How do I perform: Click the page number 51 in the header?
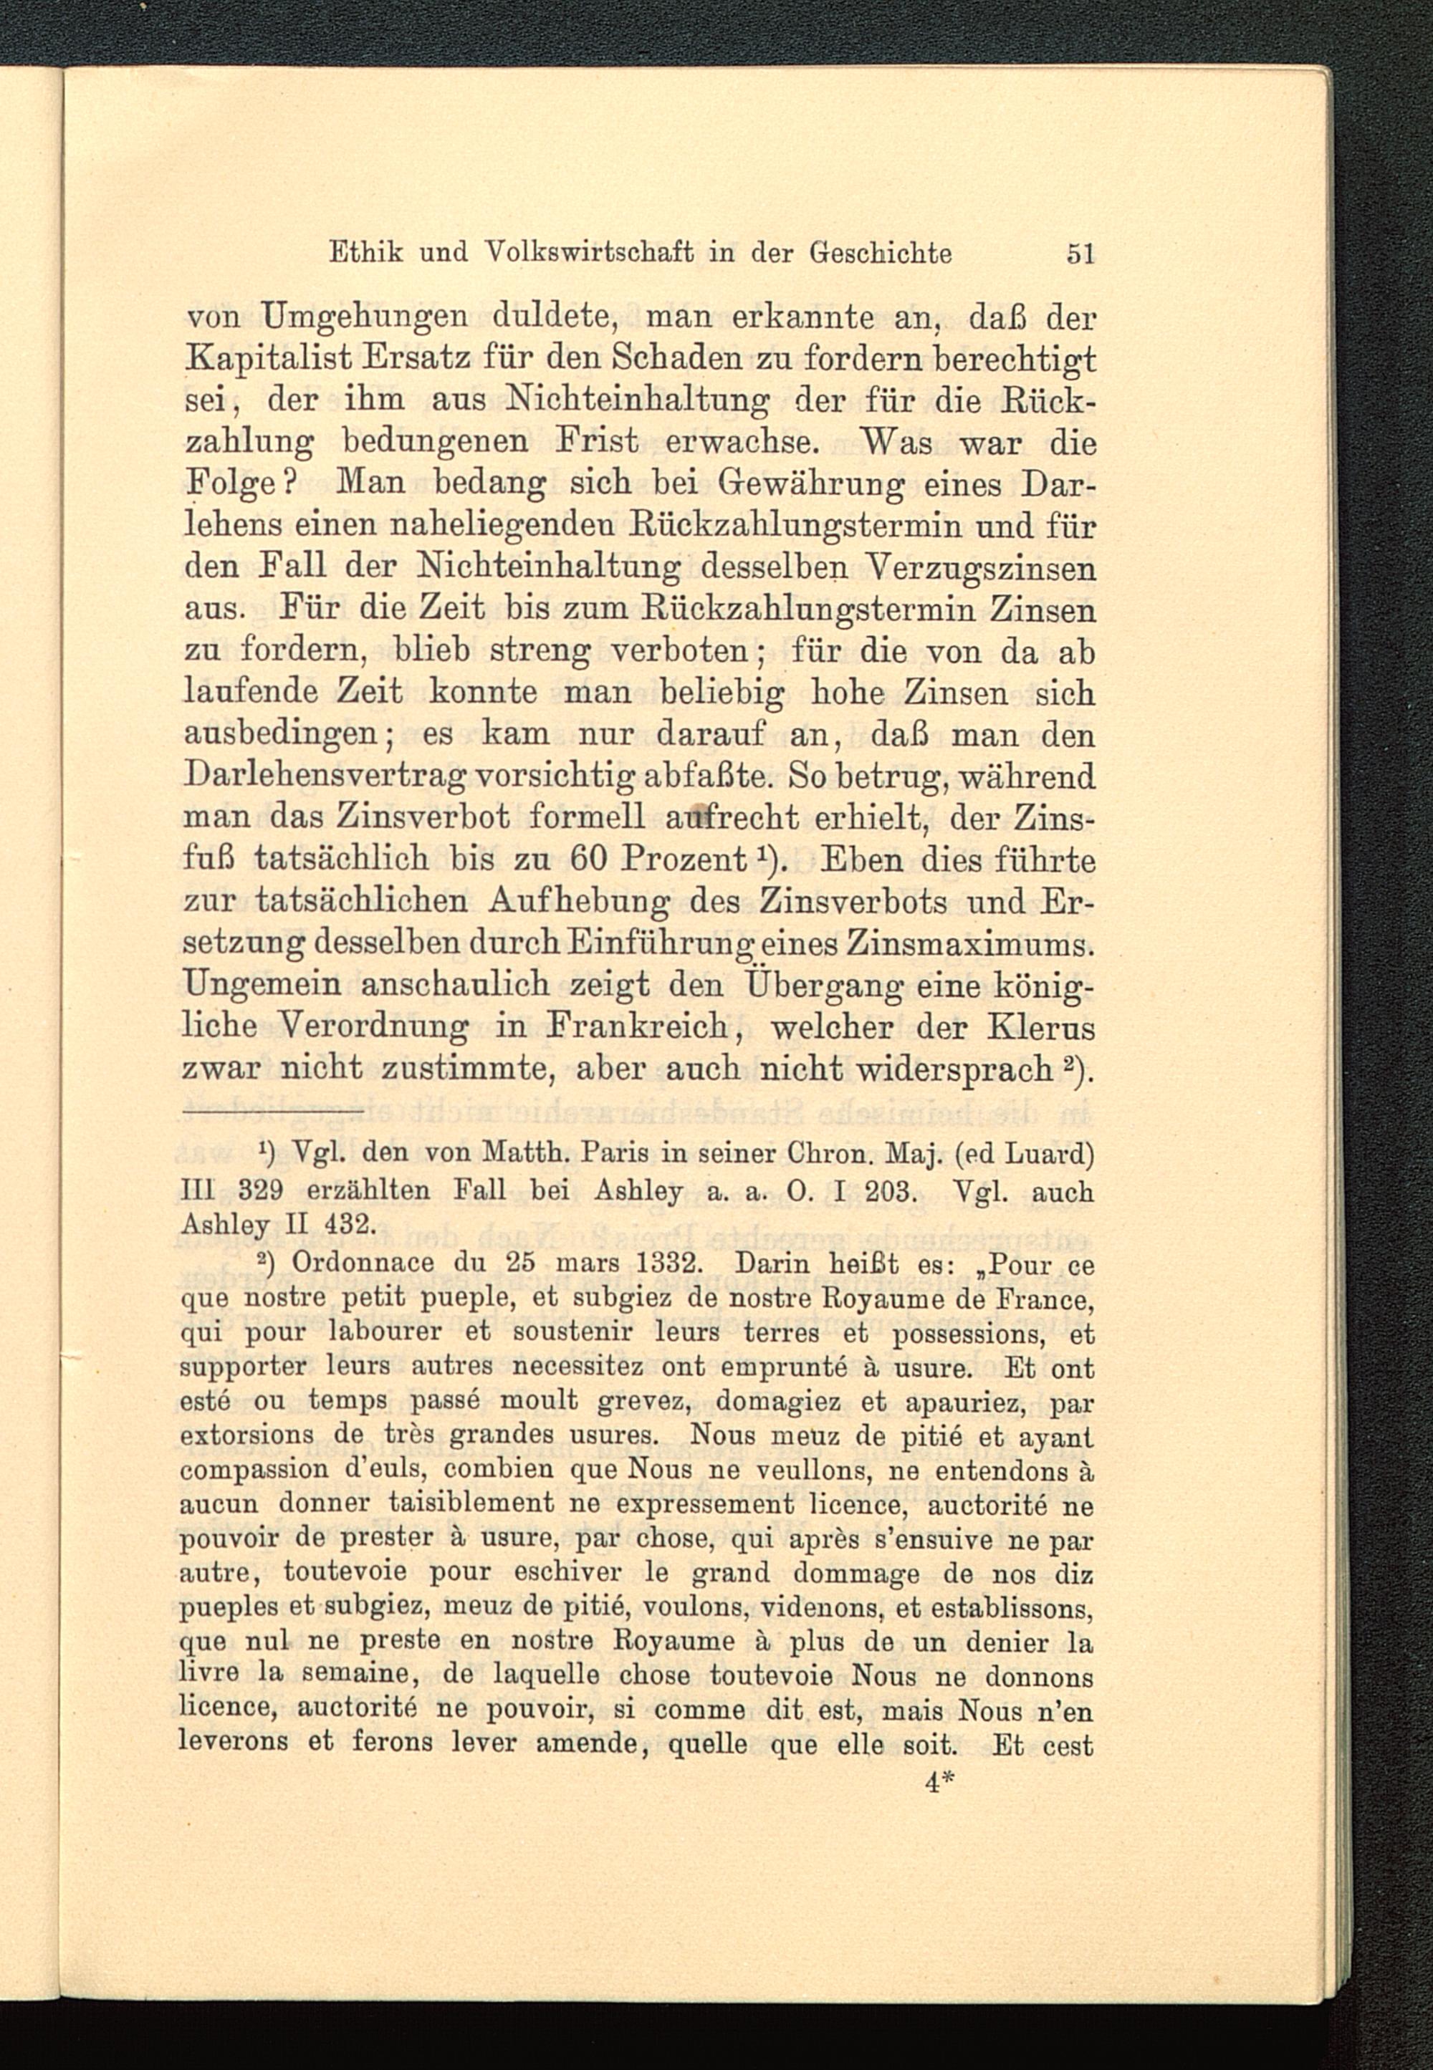tap(1080, 256)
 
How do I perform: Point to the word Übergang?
tap(802, 984)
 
